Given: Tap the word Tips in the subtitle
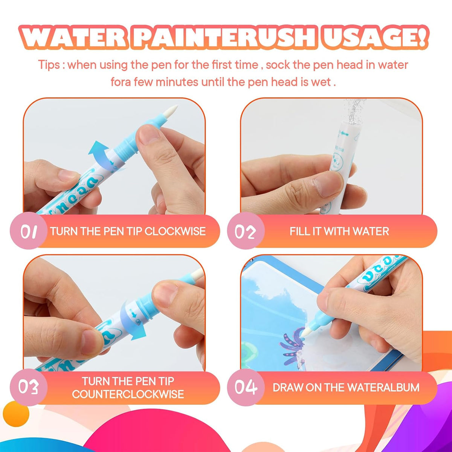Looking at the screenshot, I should [49, 65].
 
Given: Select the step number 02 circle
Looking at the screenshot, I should [246, 231].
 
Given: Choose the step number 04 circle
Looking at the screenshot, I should [246, 387].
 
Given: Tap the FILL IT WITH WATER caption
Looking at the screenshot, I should [339, 231].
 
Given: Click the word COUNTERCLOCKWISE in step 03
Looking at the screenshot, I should [128, 394].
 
